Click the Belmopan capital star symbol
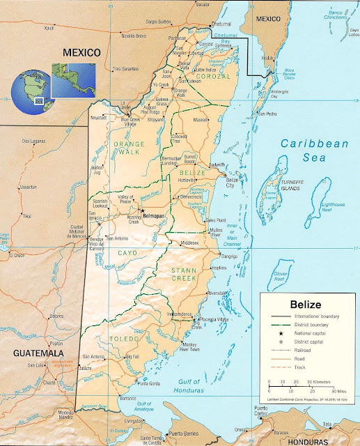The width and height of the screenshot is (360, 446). tap(142, 209)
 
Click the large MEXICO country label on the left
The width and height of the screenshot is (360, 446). tap(81, 52)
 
